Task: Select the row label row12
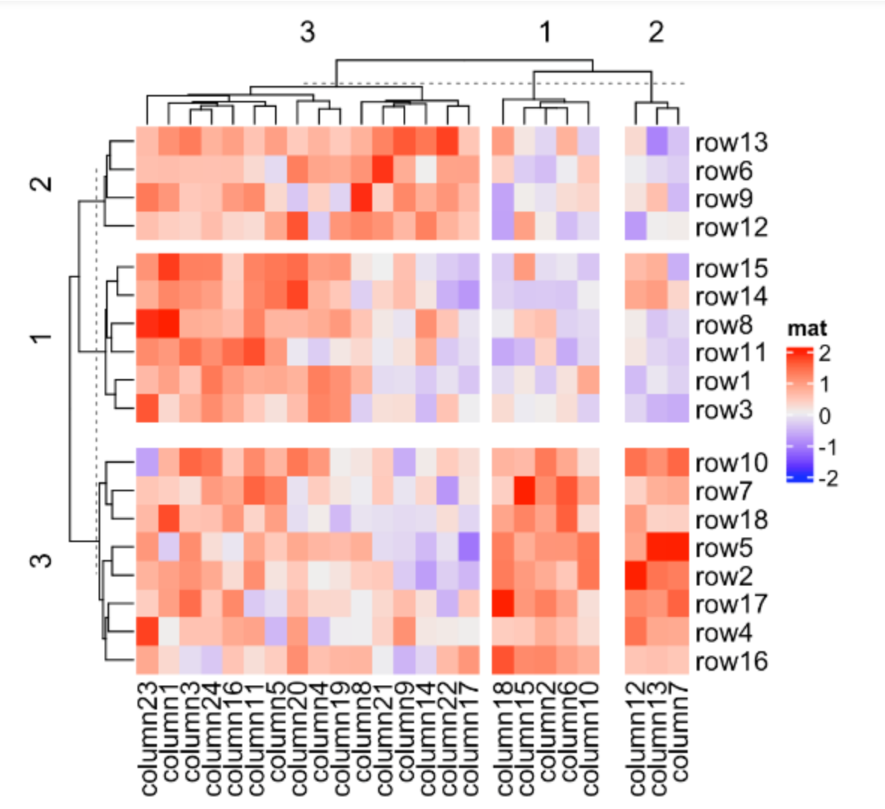tap(731, 227)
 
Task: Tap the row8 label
tap(724, 325)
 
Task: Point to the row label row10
tap(731, 463)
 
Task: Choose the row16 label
tap(731, 661)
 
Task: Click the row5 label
tap(724, 548)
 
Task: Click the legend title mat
tap(807, 328)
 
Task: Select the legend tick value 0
tap(824, 416)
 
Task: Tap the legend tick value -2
tap(827, 479)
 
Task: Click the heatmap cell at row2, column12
tap(636, 576)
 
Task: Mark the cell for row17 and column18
tap(502, 604)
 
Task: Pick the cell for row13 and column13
tap(657, 142)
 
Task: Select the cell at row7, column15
tap(524, 491)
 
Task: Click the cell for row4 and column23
tap(147, 633)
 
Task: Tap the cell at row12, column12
tap(636, 227)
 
